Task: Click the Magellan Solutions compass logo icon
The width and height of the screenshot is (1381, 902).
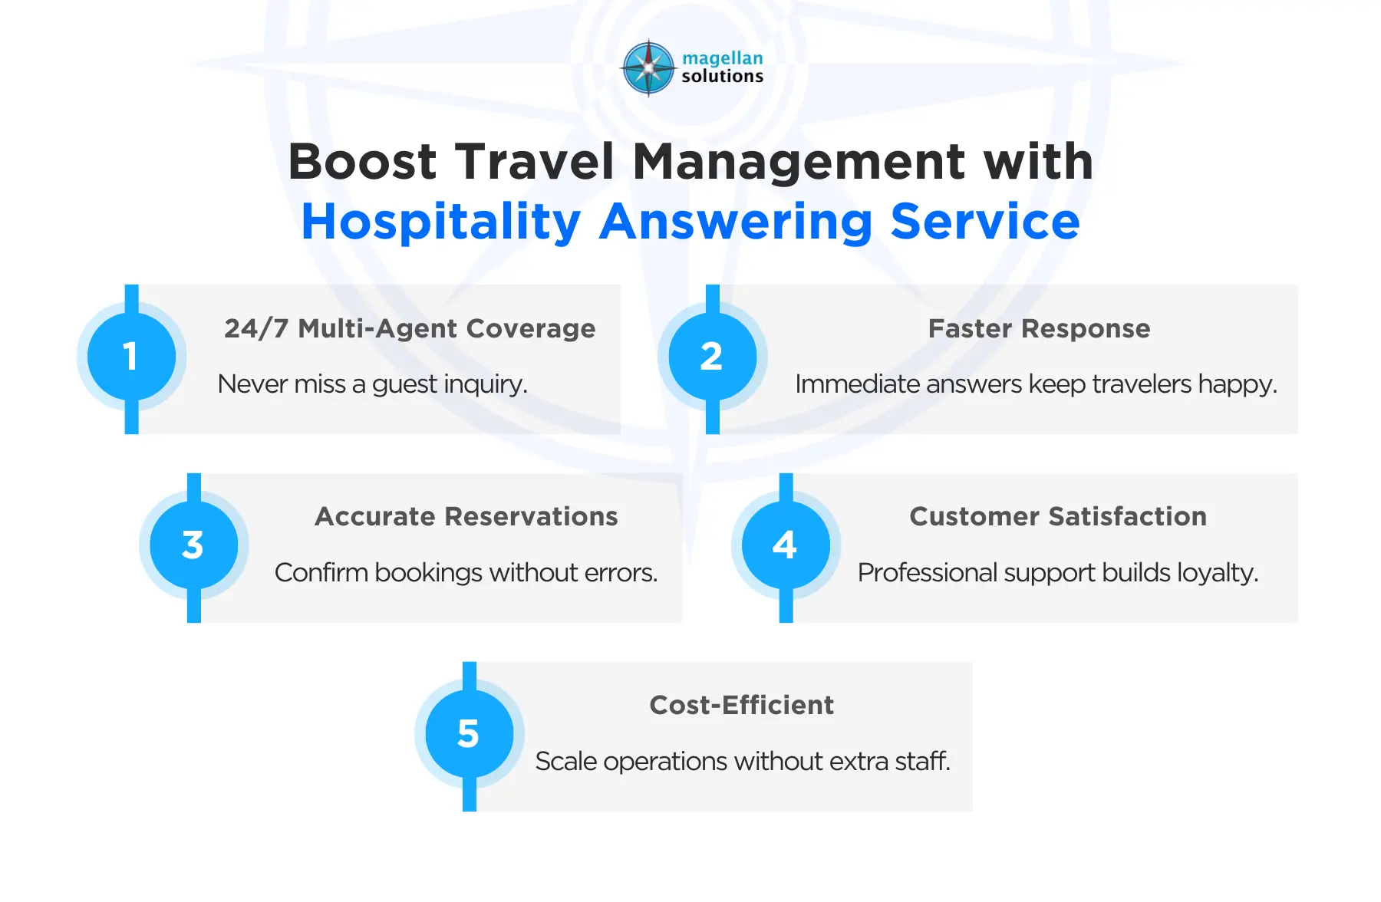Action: click(x=649, y=67)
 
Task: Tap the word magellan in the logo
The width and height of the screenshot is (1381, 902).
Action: click(x=722, y=58)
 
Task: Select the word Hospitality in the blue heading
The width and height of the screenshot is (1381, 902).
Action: click(x=441, y=222)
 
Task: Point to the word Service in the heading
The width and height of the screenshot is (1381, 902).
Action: click(x=985, y=222)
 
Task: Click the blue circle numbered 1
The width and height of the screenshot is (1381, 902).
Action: click(x=131, y=357)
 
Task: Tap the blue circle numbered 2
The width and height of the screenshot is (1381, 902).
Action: click(x=712, y=357)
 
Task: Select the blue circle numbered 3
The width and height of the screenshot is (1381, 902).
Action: click(x=193, y=545)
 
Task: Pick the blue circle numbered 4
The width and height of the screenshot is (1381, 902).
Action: click(x=786, y=545)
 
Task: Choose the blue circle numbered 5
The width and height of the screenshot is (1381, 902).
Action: click(x=469, y=734)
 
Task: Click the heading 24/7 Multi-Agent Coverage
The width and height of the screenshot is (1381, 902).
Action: click(x=410, y=328)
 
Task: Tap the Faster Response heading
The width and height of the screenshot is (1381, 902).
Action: click(x=1039, y=328)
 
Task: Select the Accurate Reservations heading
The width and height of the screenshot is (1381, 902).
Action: click(x=466, y=517)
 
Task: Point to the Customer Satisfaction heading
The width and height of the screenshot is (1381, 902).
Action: click(x=1058, y=517)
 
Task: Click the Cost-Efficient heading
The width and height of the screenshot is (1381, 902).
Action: click(x=741, y=706)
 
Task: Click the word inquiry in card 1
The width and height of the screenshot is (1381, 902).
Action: click(x=488, y=384)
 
